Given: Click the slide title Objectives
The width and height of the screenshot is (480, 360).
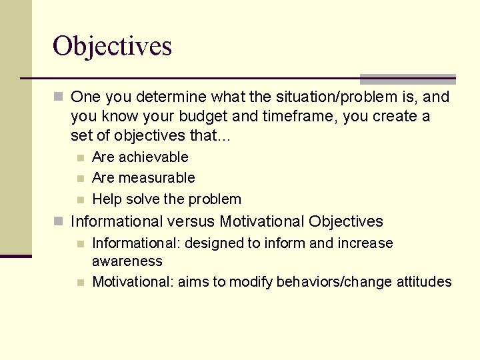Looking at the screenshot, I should point(112,46).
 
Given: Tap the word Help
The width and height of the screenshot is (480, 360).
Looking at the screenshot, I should point(107,199).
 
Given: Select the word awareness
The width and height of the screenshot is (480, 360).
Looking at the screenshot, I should point(127,261).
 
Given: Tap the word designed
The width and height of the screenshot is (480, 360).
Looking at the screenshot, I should point(213,243).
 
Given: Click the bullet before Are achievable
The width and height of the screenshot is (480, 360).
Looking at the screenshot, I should point(81,158).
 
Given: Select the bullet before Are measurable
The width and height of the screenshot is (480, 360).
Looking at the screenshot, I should point(81,179).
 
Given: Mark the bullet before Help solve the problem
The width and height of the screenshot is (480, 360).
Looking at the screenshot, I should point(81,200).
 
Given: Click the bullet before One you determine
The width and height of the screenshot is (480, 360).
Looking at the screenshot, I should point(59,97).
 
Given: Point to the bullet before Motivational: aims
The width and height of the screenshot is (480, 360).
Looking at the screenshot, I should point(81,283).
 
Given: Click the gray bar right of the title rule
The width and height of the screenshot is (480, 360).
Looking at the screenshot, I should point(407,79).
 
